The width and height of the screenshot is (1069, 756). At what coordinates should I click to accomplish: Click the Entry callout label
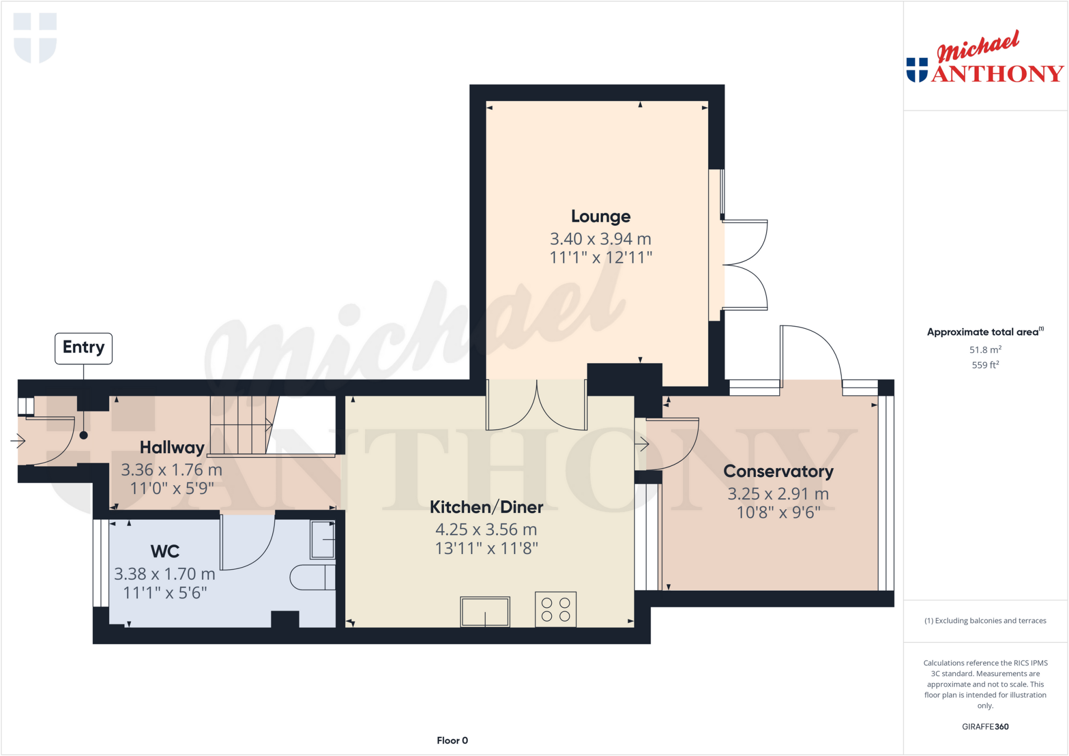click(84, 347)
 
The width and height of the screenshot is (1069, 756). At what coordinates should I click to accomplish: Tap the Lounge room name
click(600, 216)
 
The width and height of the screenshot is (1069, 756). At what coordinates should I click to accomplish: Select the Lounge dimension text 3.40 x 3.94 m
click(600, 239)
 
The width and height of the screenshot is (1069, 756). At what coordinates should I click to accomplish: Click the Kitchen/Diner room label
click(486, 507)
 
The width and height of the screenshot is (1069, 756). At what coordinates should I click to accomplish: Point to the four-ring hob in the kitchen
click(555, 609)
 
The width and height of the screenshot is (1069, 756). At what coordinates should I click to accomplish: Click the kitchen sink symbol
click(485, 611)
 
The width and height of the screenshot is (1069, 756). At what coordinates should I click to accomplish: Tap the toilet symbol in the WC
click(312, 577)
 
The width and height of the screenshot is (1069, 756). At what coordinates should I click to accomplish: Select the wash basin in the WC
click(323, 539)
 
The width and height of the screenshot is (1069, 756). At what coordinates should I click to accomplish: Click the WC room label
click(165, 551)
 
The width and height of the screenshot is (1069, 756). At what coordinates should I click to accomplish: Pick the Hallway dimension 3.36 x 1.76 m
click(172, 470)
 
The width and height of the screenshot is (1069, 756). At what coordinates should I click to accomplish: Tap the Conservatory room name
click(778, 471)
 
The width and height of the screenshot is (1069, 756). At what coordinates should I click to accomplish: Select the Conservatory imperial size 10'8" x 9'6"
click(778, 513)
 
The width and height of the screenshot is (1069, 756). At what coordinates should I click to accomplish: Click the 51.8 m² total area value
click(985, 350)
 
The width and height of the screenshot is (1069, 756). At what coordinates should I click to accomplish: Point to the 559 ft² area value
click(985, 365)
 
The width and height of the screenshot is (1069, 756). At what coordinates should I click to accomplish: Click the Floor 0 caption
click(452, 740)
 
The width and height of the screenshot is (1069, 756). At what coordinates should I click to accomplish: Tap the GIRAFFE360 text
click(985, 726)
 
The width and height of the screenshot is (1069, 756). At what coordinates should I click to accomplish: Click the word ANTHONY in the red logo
click(997, 74)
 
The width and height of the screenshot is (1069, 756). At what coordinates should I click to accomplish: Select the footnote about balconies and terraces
click(985, 620)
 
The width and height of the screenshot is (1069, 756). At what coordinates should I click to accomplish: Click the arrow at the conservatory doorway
click(642, 445)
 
